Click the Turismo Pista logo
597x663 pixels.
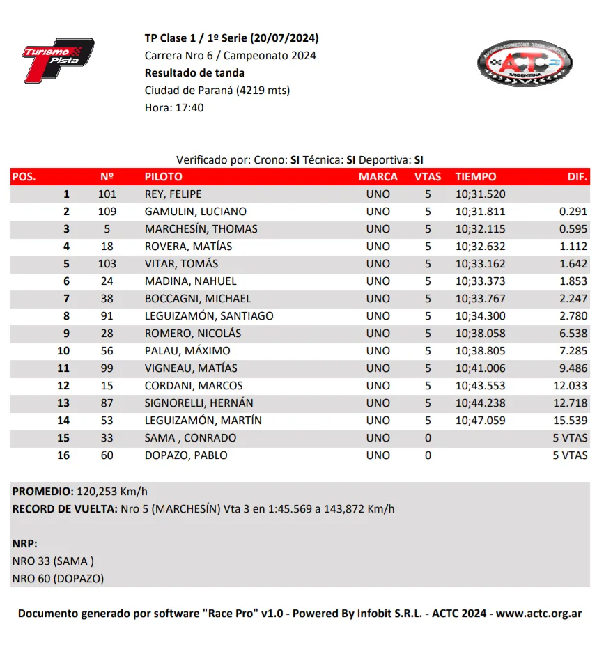[57, 61]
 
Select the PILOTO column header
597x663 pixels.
[163, 177]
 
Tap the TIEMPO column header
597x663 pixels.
[476, 177]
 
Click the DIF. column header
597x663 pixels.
[577, 177]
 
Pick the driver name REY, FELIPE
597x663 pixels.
[173, 194]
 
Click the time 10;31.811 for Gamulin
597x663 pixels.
[481, 212]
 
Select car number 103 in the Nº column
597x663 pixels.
[107, 264]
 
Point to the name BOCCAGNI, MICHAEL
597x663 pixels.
[198, 299]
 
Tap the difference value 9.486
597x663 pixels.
[573, 368]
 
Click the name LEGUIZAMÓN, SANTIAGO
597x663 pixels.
[209, 316]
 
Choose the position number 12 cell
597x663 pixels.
[63, 386]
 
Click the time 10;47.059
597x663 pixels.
[481, 421]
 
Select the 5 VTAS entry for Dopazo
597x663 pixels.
[570, 455]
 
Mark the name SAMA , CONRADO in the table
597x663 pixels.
[190, 438]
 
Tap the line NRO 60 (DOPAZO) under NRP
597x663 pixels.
[58, 578]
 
